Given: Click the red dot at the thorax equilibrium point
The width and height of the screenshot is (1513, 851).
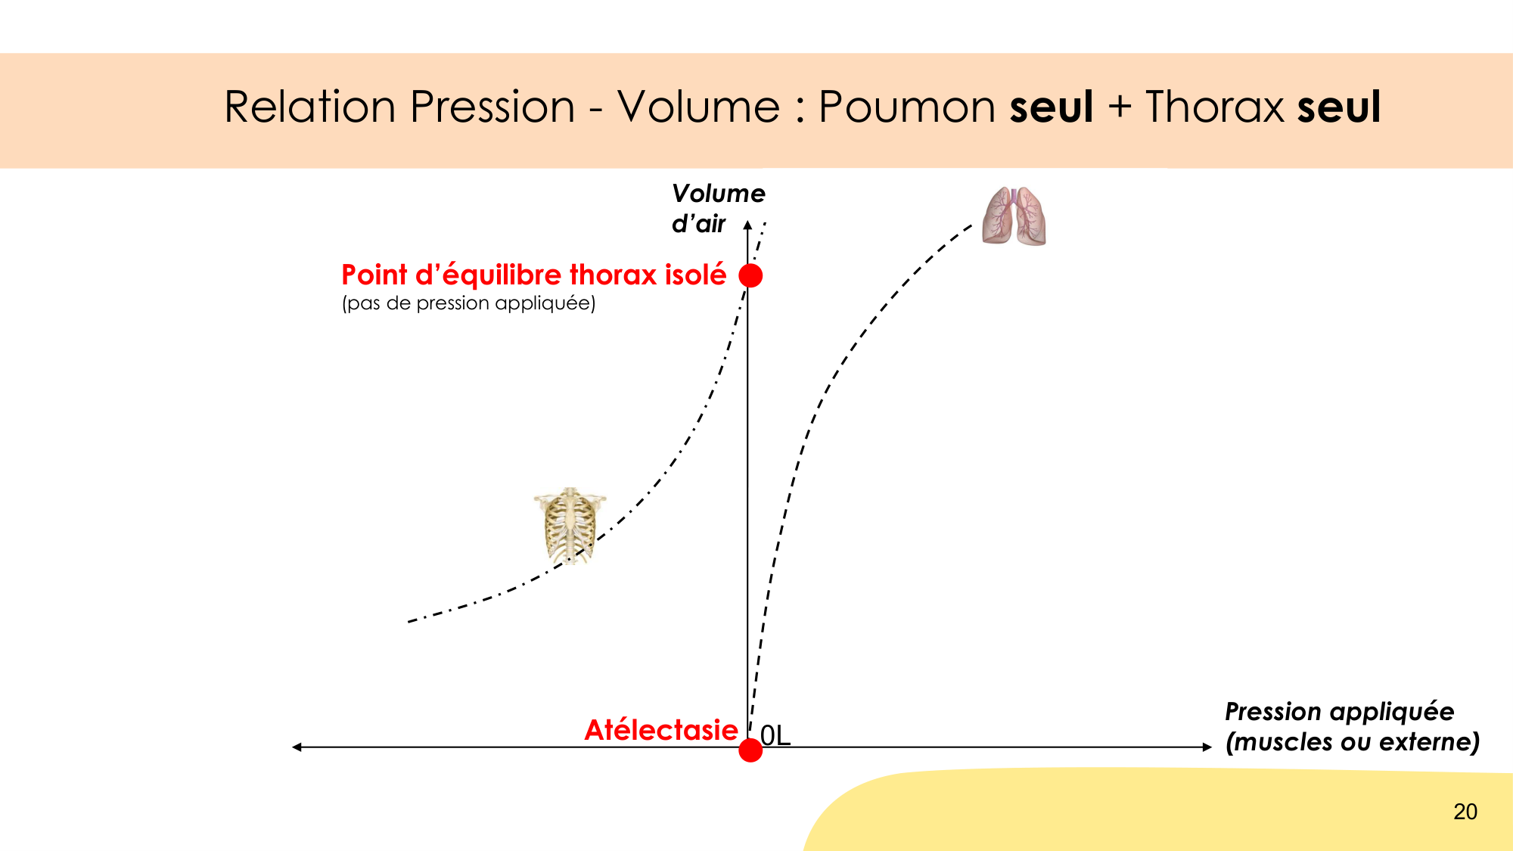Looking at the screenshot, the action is [x=750, y=275].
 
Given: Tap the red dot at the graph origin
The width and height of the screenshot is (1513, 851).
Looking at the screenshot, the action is [x=750, y=750].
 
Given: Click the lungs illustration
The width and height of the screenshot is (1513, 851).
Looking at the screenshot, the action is [x=1014, y=216].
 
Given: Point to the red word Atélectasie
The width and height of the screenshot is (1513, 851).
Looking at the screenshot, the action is [x=661, y=730].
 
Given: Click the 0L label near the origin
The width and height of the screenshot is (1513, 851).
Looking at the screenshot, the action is [x=775, y=735].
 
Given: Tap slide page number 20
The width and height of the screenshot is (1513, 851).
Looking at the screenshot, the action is [x=1465, y=812].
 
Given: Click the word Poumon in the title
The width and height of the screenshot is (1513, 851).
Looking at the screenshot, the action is [x=907, y=107].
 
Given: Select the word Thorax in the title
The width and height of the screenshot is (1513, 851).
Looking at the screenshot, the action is [x=1215, y=107].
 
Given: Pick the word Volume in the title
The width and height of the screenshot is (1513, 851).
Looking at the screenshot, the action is [x=698, y=107].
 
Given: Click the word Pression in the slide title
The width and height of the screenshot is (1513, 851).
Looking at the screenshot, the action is [x=493, y=107].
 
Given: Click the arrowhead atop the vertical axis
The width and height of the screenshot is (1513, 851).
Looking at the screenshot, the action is [x=747, y=225].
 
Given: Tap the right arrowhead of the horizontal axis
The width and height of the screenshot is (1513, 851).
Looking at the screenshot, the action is [x=1207, y=747].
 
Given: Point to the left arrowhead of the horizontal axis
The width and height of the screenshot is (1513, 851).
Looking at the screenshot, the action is [x=297, y=747].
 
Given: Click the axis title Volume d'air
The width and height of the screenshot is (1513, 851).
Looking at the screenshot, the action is [x=718, y=209].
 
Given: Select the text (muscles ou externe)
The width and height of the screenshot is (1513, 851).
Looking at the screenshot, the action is [x=1353, y=742].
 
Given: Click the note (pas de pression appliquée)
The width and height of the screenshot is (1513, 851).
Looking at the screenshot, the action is [x=469, y=303].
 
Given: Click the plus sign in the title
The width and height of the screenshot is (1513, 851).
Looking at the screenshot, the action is [x=1120, y=107].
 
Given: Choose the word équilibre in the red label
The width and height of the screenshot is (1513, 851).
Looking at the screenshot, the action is [x=502, y=275].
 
